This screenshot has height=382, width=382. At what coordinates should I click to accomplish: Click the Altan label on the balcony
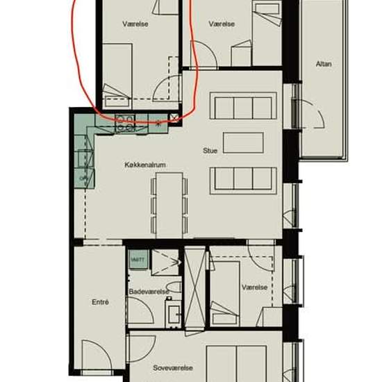323,64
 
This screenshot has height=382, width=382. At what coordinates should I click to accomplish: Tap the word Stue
210,150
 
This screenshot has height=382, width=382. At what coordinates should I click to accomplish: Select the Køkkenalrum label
144,165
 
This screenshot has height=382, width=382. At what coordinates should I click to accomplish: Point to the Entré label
100,301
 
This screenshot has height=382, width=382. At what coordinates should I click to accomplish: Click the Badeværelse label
149,292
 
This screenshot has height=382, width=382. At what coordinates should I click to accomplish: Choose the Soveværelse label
172,368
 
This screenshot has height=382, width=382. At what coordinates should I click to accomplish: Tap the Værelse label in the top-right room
222,24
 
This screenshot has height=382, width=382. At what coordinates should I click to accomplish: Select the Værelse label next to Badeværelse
254,287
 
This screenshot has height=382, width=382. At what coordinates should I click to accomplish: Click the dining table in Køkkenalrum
169,201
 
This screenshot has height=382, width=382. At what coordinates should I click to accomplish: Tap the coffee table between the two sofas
243,142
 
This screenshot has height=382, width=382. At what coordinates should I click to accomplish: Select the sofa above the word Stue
242,108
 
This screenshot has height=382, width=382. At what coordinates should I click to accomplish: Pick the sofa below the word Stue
244,179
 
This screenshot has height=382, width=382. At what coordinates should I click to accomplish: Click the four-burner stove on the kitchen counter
125,122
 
